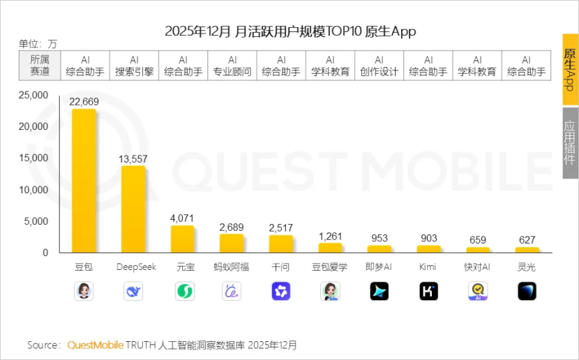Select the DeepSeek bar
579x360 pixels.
tap(133, 209)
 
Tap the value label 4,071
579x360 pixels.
tap(182, 218)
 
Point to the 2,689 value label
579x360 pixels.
tap(232, 227)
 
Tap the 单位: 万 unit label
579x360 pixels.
tap(38, 44)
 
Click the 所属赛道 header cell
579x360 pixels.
tap(40, 66)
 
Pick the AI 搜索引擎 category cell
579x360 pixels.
tap(135, 66)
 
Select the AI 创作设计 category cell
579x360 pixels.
tap(379, 66)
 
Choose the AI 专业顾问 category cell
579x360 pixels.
tap(232, 66)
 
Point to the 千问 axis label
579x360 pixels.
tap(281, 267)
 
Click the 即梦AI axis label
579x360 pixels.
tap(379, 267)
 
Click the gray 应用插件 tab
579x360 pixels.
tap(570, 144)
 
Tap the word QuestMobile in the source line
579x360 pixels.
tap(95, 345)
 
